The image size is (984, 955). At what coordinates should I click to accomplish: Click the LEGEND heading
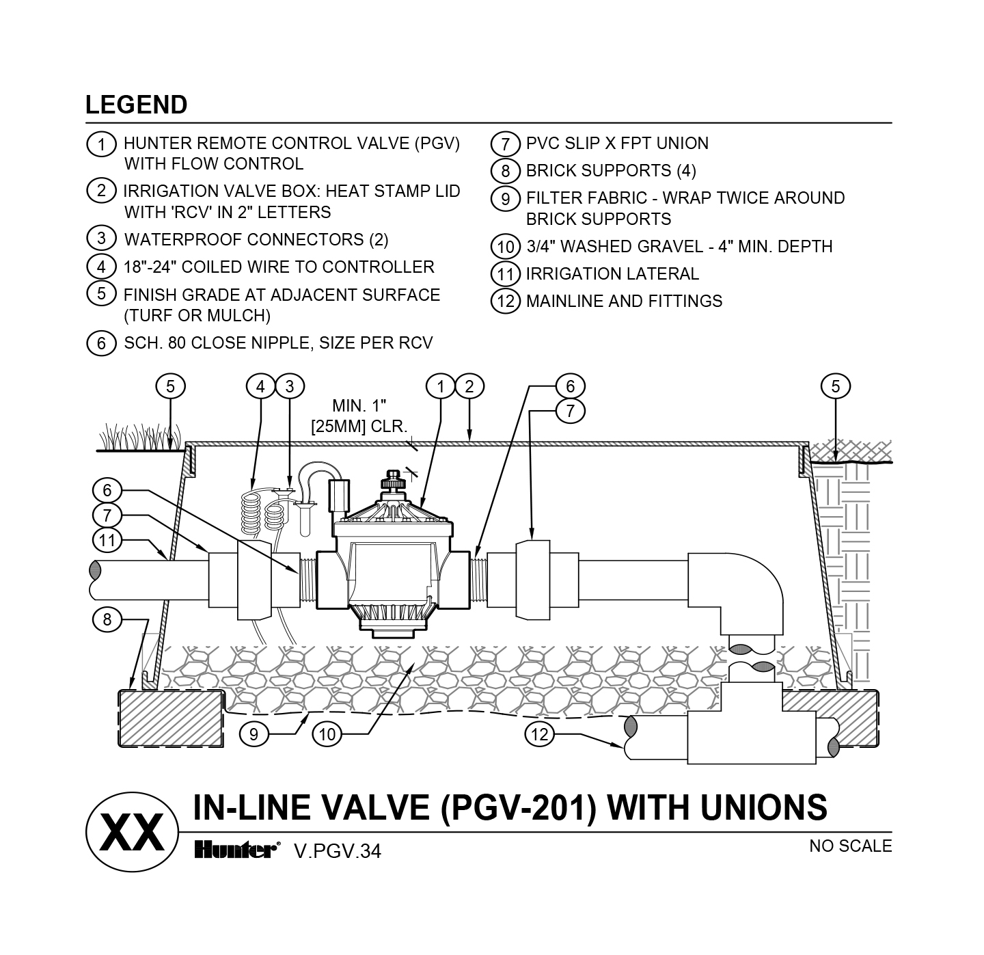click(136, 105)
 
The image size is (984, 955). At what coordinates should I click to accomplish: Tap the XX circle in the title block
click(132, 831)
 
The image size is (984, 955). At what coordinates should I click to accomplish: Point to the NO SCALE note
click(850, 846)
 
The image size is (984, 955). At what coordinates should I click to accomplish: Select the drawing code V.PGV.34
click(337, 851)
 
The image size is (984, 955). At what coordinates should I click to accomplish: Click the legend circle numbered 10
click(506, 247)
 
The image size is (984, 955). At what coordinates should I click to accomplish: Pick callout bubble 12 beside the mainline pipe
click(540, 734)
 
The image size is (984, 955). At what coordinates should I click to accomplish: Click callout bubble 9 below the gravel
click(254, 734)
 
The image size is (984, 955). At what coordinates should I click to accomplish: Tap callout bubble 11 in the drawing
click(107, 540)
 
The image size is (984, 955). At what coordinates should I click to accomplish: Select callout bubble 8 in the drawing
click(107, 620)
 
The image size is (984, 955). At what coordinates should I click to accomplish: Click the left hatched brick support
click(172, 718)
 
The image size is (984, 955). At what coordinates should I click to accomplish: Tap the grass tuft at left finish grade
click(140, 438)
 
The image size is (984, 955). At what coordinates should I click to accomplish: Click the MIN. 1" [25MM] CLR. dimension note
click(359, 417)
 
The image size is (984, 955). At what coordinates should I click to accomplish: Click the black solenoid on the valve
click(340, 496)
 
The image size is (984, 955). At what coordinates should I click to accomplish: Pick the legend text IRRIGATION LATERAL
click(612, 274)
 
